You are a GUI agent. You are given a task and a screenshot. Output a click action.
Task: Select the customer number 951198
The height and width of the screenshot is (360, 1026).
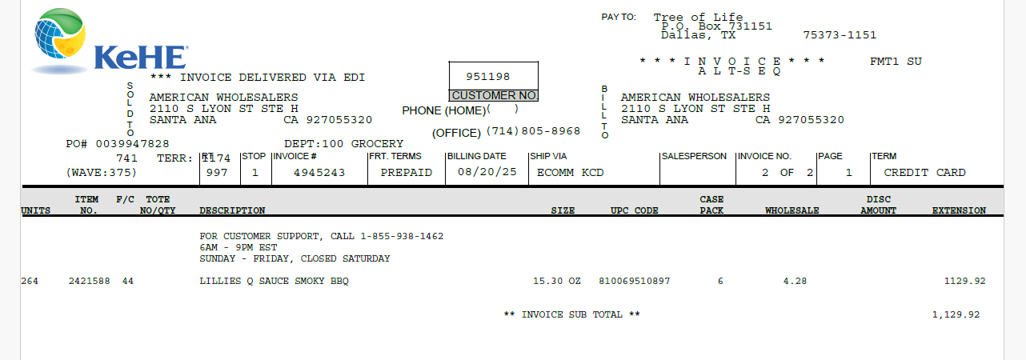(x=488, y=77)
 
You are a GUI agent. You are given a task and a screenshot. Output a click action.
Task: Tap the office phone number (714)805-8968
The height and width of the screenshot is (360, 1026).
(x=533, y=131)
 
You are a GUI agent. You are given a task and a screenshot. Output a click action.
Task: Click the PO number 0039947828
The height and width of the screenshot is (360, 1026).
(x=132, y=144)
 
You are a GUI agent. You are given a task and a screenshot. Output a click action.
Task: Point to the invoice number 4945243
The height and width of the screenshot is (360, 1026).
(x=319, y=173)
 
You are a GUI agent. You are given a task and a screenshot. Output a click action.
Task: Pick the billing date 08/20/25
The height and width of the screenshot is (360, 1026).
(x=487, y=172)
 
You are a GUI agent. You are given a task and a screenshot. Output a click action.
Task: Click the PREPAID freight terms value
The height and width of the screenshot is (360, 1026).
(x=407, y=173)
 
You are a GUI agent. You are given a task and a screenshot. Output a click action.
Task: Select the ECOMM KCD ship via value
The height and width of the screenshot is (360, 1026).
(x=571, y=173)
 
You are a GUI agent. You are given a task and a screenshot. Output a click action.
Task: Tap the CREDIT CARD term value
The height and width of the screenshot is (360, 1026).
(x=925, y=173)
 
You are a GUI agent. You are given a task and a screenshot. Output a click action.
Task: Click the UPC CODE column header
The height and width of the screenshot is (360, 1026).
(x=635, y=210)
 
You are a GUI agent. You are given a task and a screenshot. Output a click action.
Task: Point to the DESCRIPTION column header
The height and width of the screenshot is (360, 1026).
(x=232, y=210)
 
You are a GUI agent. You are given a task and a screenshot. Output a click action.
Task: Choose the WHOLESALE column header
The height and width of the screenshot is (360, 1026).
(x=792, y=210)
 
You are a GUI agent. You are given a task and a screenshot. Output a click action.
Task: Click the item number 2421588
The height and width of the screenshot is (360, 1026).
(x=90, y=282)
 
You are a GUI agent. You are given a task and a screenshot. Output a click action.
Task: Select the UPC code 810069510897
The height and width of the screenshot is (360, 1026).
(x=635, y=282)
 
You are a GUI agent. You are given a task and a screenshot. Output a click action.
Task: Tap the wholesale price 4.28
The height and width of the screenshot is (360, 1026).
(x=795, y=282)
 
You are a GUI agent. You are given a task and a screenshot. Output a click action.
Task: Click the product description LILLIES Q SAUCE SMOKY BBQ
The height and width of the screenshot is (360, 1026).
(x=274, y=282)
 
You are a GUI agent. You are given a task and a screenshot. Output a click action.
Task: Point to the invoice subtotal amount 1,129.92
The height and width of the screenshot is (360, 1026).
(x=956, y=315)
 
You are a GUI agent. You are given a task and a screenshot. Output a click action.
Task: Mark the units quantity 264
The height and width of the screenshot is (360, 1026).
(x=30, y=282)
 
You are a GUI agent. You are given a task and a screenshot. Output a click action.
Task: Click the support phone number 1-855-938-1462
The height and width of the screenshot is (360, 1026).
(x=402, y=236)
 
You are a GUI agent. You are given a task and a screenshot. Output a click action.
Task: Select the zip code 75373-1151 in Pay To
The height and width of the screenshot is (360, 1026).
(x=840, y=35)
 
